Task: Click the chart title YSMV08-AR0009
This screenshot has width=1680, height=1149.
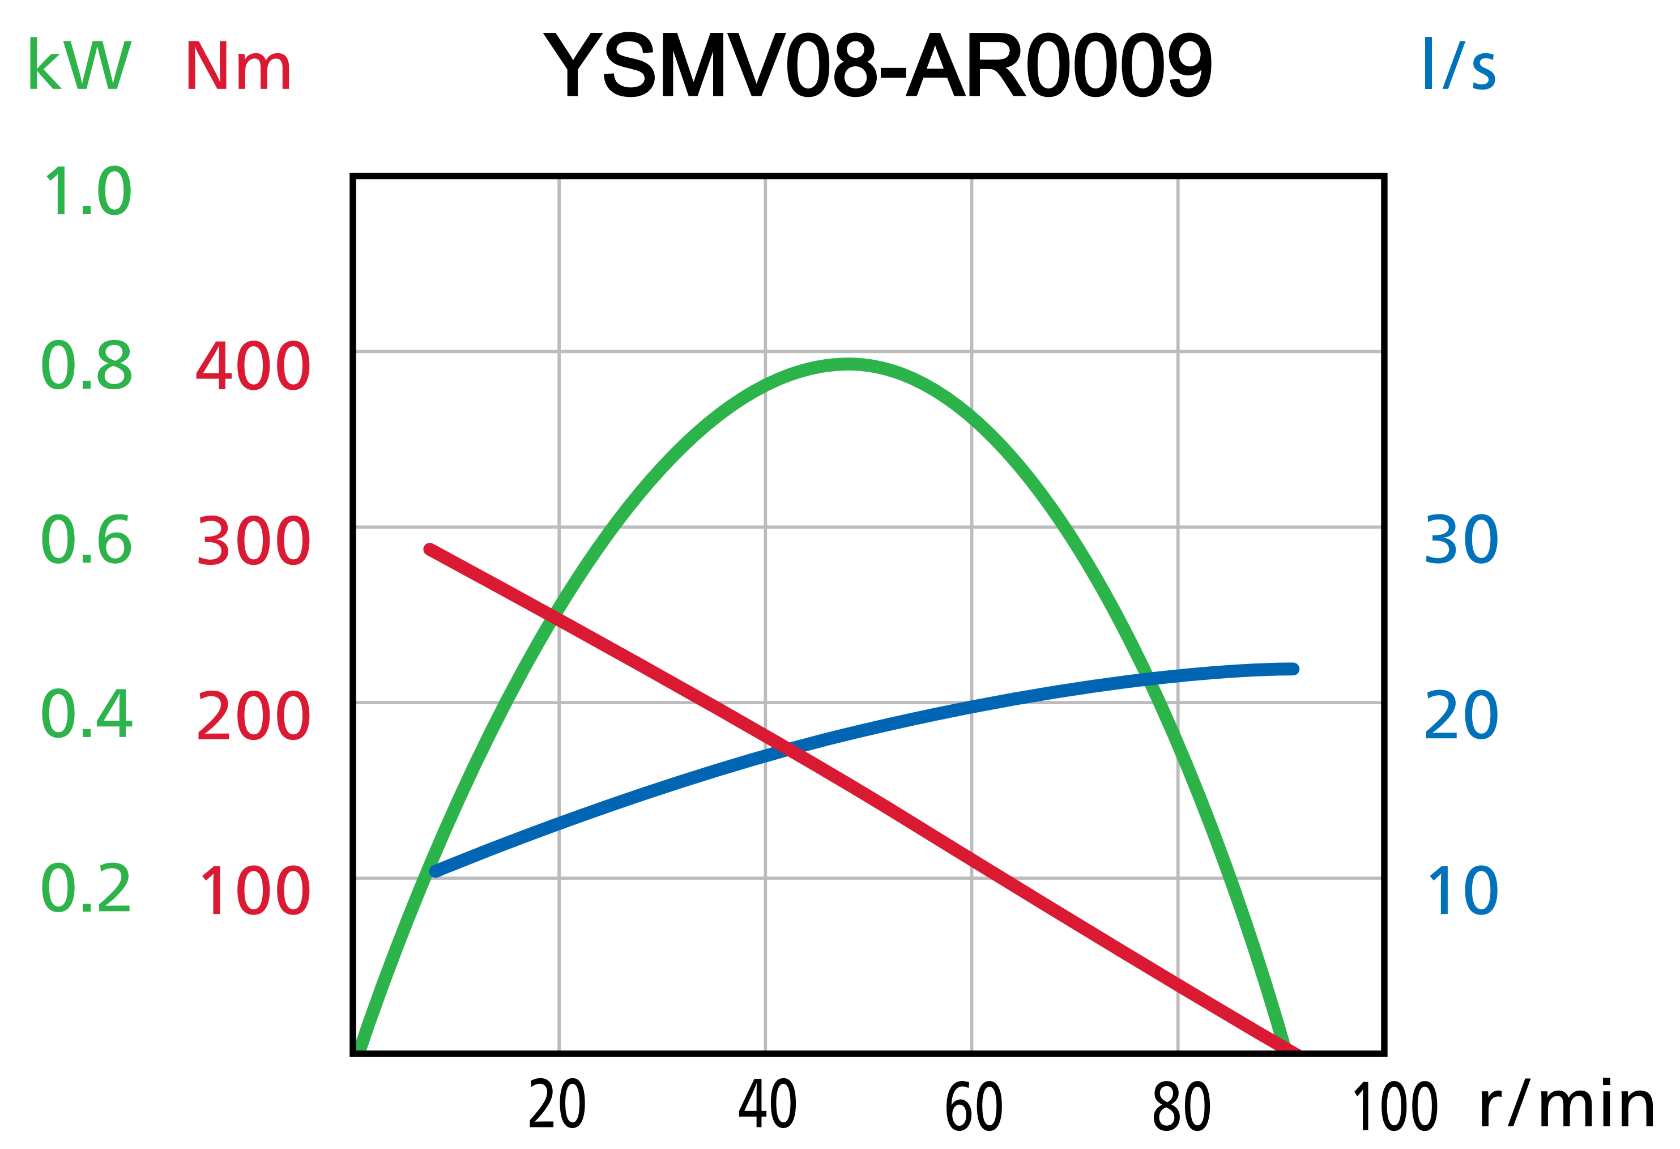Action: pos(877,65)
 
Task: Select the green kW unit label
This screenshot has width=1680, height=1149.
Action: pos(79,65)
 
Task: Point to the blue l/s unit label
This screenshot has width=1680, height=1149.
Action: pos(1458,65)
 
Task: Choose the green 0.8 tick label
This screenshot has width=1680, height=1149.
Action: pos(87,366)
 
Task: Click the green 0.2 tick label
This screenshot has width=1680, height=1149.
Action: pos(87,889)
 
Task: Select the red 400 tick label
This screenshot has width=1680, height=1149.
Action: pos(253,367)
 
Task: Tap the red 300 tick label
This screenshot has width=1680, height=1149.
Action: pos(253,541)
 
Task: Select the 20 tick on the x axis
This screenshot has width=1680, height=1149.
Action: pos(557,1104)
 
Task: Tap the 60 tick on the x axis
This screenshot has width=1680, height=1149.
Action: pos(974,1105)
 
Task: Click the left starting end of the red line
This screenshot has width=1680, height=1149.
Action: pos(429,550)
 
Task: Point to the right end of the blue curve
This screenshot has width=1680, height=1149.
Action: pos(1293,669)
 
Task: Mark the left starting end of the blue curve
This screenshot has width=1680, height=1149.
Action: pos(435,871)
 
